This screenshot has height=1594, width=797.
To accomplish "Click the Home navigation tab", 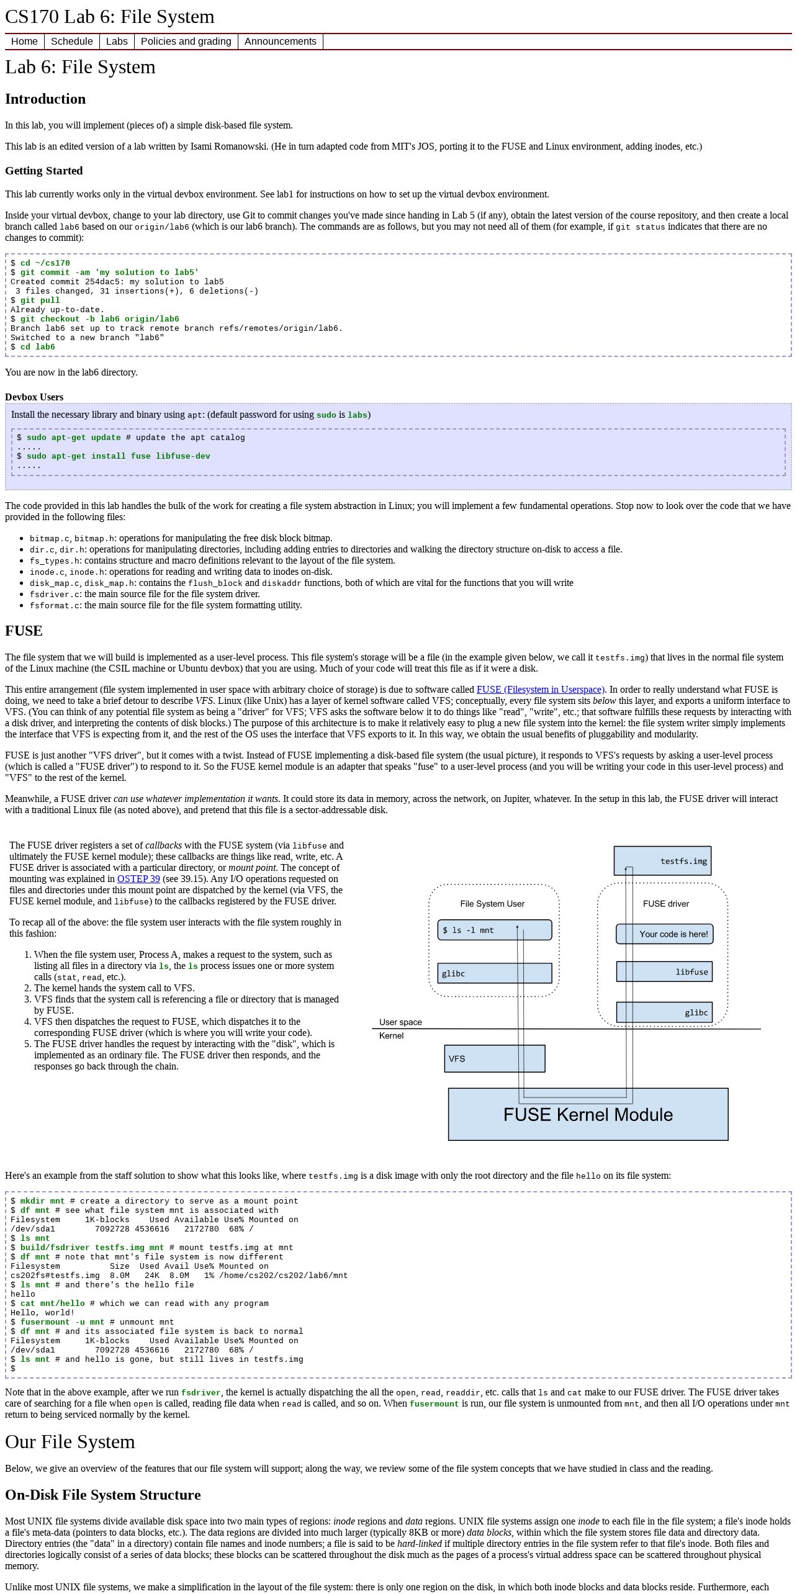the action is point(25,42).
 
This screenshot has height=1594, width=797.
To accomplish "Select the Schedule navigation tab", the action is point(72,42).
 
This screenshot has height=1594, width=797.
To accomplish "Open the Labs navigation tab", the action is point(117,42).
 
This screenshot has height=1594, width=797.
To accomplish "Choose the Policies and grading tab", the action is point(186,42).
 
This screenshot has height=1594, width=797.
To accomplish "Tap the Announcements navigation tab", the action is point(281,42).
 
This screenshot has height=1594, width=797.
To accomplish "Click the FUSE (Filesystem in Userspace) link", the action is point(541,690).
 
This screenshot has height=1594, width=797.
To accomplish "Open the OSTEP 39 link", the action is point(138,879).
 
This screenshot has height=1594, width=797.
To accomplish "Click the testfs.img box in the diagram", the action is point(662,861).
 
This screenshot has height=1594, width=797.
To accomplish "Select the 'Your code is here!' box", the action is point(664,934).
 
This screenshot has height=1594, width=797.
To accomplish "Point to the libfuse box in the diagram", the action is point(664,972).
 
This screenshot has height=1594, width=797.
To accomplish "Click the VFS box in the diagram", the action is point(495,1059).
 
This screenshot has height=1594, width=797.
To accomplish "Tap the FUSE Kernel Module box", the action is point(588,1114).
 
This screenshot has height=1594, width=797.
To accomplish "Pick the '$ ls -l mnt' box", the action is point(495,930).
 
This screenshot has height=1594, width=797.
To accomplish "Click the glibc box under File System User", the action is point(495,973).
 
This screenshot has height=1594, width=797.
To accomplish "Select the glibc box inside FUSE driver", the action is point(664,1012).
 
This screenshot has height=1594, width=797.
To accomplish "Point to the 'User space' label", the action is point(400,1022).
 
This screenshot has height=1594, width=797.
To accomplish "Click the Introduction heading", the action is point(45,99).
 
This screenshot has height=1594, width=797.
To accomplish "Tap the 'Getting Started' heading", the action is point(44,171).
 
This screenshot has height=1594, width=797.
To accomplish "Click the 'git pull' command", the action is point(40,300).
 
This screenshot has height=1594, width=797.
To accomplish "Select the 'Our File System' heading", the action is point(70,1442).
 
